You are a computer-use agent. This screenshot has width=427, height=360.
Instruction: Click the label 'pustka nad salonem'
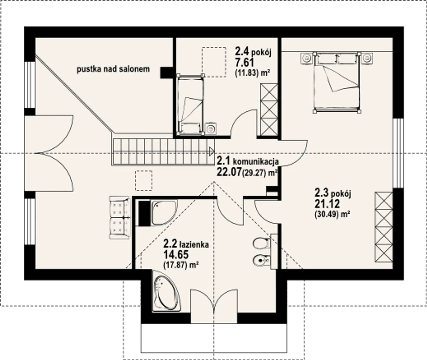113,69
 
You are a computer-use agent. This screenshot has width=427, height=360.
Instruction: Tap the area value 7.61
244,62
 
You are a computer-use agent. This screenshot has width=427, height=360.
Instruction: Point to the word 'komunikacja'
256,162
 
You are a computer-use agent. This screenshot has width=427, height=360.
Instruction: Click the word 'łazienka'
194,245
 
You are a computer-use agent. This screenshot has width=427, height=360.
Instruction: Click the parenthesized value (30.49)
326,215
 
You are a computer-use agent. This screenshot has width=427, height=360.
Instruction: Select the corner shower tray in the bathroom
164,213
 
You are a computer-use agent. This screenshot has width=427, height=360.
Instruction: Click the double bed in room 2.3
337,82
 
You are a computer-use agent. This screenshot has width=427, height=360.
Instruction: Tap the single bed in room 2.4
190,104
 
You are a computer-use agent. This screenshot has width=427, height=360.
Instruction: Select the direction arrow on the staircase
211,152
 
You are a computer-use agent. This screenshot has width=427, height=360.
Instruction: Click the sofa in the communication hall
120,218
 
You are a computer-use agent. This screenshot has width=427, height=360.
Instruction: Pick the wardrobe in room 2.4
269,110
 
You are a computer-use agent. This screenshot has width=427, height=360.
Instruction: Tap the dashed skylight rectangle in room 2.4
214,62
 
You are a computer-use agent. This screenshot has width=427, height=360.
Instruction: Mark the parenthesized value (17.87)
175,265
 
